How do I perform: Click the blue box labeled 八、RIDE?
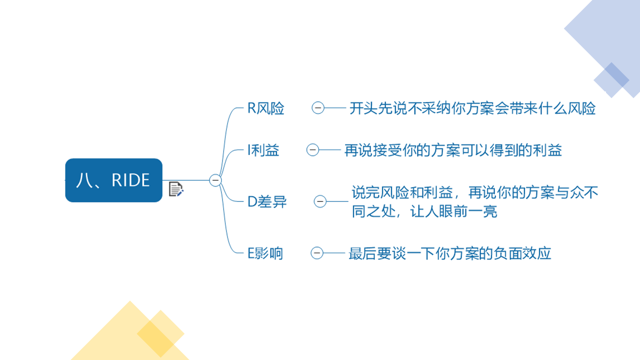pyautogui.click(x=113, y=180)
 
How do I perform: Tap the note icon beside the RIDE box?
pyautogui.click(x=176, y=189)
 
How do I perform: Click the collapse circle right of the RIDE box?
pyautogui.click(x=215, y=180)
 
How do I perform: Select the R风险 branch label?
pyautogui.click(x=265, y=108)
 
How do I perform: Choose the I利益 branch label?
pyautogui.click(x=263, y=150)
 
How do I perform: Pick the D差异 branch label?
pyautogui.click(x=267, y=201)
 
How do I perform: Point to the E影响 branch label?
pyautogui.click(x=265, y=253)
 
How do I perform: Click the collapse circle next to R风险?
pyautogui.click(x=318, y=108)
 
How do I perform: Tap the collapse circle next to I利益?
pyautogui.click(x=312, y=149)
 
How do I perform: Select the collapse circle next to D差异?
pyautogui.click(x=320, y=201)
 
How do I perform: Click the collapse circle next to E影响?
pyautogui.click(x=317, y=253)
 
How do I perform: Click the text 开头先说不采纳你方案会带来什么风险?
pyautogui.click(x=472, y=108)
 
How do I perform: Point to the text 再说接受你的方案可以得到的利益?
pyautogui.click(x=453, y=150)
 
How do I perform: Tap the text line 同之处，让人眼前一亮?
pyautogui.click(x=424, y=211)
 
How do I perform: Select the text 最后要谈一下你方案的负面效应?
pyautogui.click(x=449, y=253)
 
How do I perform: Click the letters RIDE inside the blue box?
pyautogui.click(x=130, y=180)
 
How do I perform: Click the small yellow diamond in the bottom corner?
pyautogui.click(x=160, y=333)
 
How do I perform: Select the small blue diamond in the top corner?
pyautogui.click(x=611, y=80)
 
